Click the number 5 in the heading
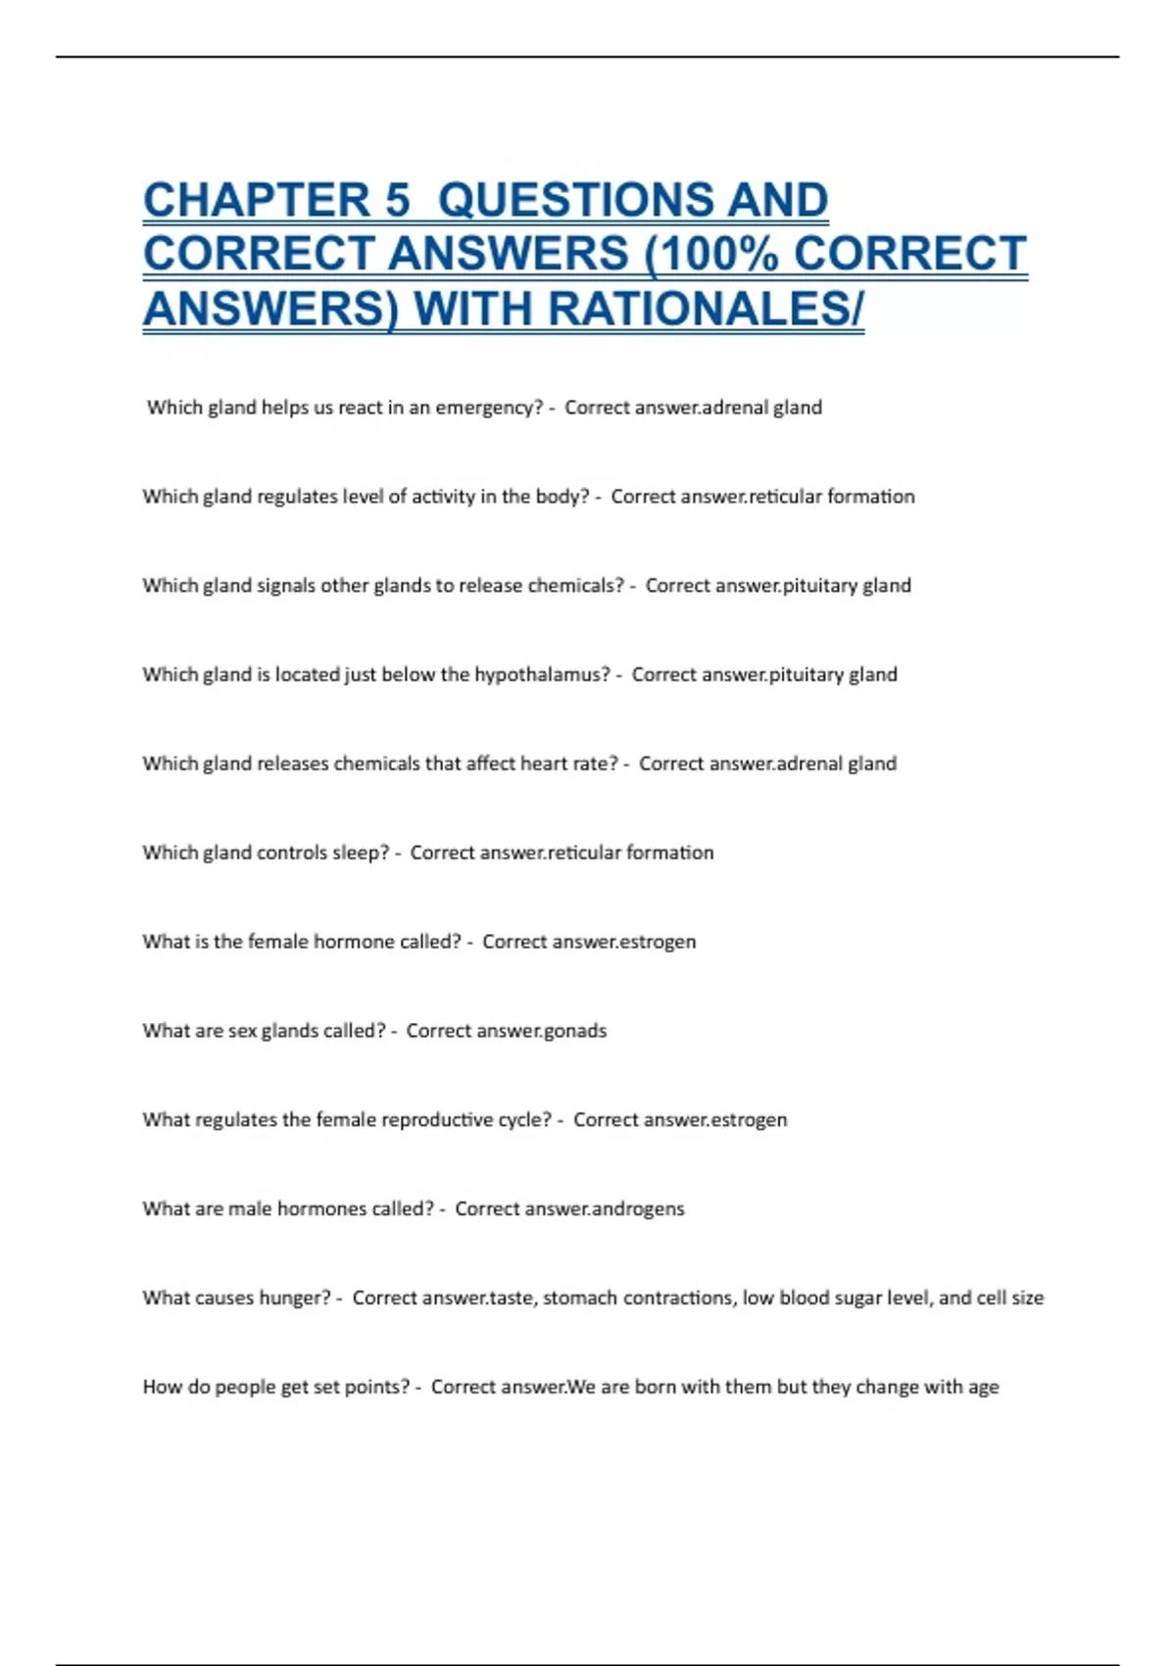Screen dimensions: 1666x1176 coord(397,201)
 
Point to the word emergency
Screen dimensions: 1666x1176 coord(488,408)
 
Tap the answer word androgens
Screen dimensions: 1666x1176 coord(638,1209)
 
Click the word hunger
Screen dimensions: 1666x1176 coord(299,1298)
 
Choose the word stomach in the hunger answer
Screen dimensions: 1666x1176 coord(580,1298)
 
